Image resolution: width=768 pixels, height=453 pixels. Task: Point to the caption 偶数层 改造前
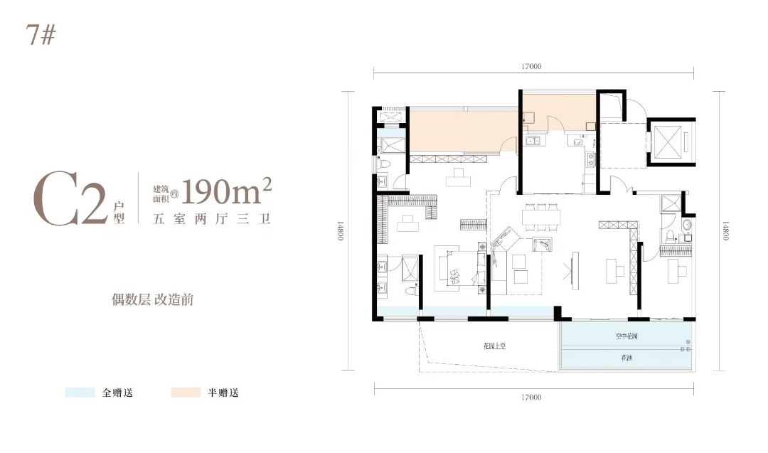(x=148, y=299)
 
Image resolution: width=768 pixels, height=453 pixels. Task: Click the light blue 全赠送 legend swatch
(x=80, y=393)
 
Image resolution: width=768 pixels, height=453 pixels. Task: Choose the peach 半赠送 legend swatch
(x=186, y=393)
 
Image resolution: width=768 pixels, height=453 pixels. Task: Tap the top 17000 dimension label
(x=531, y=67)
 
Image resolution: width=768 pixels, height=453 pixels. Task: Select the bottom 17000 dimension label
(x=531, y=397)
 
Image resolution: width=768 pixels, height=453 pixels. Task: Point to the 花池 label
(x=626, y=360)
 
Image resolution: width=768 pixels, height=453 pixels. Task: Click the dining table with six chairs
(x=541, y=216)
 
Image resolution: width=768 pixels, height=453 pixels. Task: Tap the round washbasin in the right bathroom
(x=686, y=227)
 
